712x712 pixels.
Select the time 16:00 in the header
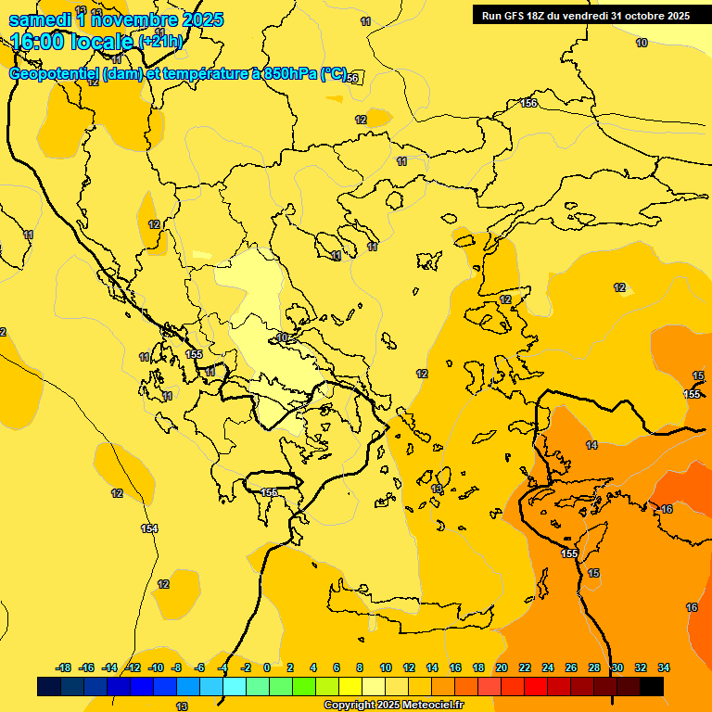pyautogui.click(x=39, y=41)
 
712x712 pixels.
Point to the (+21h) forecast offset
pyautogui.click(x=160, y=42)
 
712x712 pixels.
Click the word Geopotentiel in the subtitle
pyautogui.click(x=55, y=74)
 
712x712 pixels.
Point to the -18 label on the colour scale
pyautogui.click(x=64, y=667)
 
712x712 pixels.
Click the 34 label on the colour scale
pyautogui.click(x=664, y=667)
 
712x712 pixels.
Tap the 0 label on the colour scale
pyautogui.click(x=267, y=667)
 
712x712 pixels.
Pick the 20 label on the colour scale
pyautogui.click(x=502, y=667)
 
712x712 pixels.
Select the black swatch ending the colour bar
pyautogui.click(x=652, y=686)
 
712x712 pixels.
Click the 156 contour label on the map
pyautogui.click(x=528, y=103)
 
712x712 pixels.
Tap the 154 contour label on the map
pyautogui.click(x=149, y=528)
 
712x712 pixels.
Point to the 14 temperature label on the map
pyautogui.click(x=591, y=446)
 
